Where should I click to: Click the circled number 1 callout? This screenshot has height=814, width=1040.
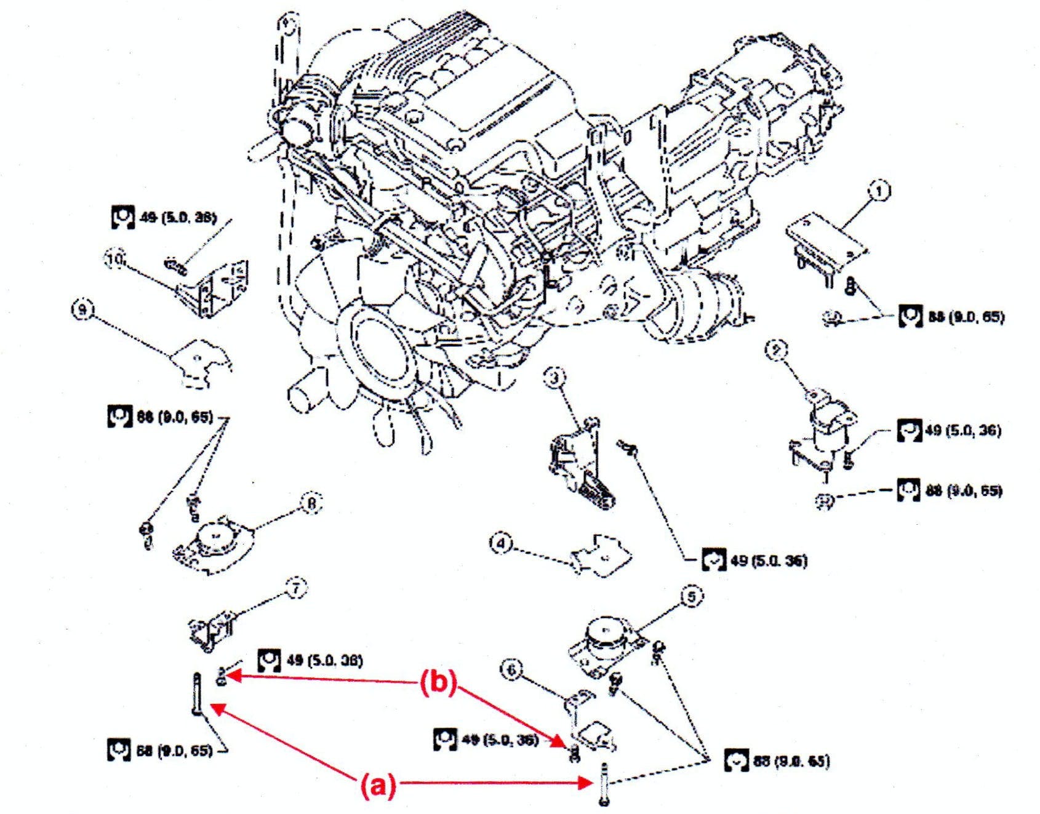coord(880,191)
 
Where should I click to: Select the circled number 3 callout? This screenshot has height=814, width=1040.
coord(554,377)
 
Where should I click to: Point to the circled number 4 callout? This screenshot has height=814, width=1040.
coord(501,544)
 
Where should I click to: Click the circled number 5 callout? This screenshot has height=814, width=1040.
coord(692,596)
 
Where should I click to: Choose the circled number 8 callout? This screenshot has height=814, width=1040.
coord(311,505)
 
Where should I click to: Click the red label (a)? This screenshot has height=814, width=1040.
coord(377,786)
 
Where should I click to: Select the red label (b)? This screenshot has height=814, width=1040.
coord(438,683)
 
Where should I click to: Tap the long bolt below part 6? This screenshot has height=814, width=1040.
coord(603,783)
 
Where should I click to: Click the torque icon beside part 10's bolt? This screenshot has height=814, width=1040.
coord(123,217)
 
